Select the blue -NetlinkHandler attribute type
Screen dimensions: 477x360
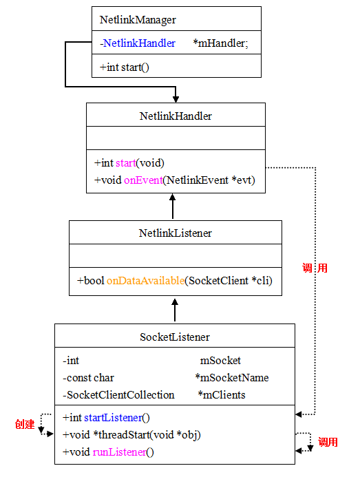point(138,43)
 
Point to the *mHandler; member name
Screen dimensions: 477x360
point(221,43)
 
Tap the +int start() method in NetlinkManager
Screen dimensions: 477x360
point(125,67)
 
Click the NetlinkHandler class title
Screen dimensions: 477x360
point(176,116)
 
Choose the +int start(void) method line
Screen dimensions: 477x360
point(129,163)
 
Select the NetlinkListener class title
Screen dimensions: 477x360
point(176,233)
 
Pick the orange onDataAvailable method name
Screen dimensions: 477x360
point(145,281)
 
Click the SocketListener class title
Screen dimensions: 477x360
point(175,337)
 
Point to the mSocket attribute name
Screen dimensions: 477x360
point(220,360)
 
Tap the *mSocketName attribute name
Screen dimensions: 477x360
point(232,377)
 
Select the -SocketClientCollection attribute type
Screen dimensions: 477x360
point(118,394)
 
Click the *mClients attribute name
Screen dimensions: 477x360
point(222,394)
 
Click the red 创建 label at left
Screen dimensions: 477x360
point(24,424)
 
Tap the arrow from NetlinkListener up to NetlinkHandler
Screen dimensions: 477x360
point(173,206)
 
